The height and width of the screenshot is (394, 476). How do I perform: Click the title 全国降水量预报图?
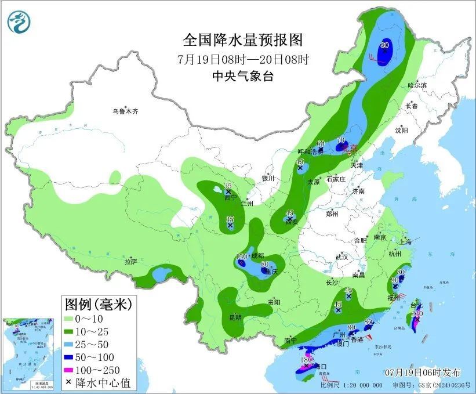244,40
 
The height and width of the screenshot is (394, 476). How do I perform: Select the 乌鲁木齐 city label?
126,111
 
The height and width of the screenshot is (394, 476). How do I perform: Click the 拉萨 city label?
131,262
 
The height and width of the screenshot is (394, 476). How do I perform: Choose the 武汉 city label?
341,256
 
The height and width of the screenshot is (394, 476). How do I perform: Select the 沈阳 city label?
401,131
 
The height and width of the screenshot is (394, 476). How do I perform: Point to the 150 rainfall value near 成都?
242,257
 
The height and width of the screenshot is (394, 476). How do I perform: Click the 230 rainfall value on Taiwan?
416,313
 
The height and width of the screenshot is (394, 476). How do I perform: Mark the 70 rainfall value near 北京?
340,140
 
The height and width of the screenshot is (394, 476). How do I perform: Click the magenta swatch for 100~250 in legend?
73,370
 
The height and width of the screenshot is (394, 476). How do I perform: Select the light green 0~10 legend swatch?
73,320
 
